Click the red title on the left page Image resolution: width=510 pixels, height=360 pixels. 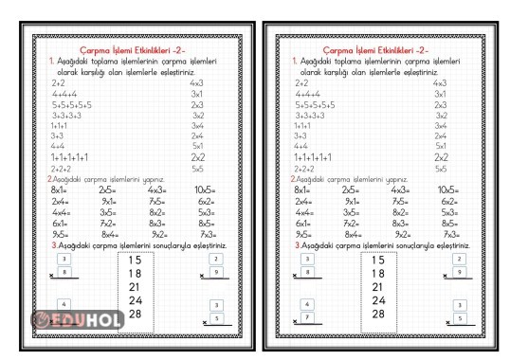[132, 49]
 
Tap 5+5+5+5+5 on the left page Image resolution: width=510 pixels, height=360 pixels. [72, 104]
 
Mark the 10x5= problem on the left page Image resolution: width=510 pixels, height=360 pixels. [206, 189]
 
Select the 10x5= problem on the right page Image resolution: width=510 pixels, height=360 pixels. [450, 189]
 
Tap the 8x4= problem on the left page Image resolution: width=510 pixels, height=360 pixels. [110, 234]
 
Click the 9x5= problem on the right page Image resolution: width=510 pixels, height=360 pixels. [303, 234]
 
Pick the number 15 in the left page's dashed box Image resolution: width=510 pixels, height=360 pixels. [135, 260]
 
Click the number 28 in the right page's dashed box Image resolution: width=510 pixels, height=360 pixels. [378, 314]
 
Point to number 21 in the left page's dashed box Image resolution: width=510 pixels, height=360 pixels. [135, 286]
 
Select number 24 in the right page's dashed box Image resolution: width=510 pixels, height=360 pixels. [378, 300]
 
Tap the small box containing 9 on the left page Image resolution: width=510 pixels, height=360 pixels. [216, 272]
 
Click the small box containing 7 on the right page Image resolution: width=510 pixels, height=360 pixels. [308, 317]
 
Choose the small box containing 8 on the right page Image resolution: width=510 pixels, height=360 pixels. [308, 272]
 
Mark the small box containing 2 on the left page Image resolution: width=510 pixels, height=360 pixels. [216, 258]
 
